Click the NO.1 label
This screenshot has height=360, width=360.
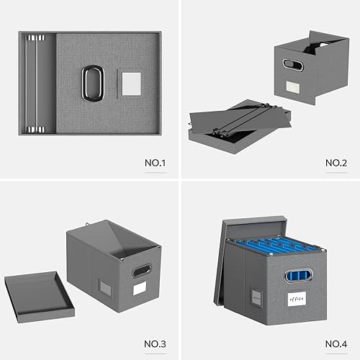pyautogui.click(x=155, y=163)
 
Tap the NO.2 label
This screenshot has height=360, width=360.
pyautogui.click(x=336, y=163)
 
